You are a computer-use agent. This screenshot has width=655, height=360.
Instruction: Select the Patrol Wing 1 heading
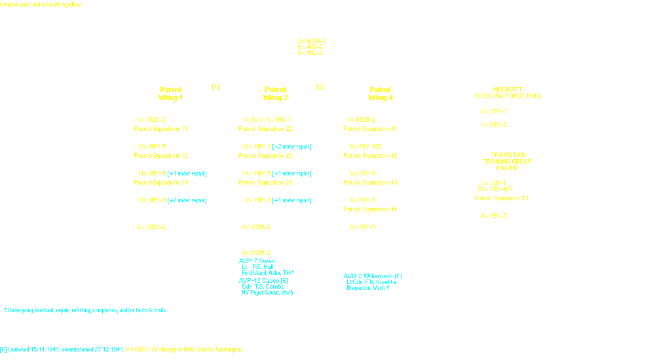click(170, 94)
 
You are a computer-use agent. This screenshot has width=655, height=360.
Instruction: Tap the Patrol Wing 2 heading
click(275, 94)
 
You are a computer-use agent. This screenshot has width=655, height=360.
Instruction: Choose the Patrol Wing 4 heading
click(380, 94)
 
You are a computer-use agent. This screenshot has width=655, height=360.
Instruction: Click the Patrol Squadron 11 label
click(160, 129)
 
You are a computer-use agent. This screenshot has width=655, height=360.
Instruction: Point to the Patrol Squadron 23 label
click(265, 156)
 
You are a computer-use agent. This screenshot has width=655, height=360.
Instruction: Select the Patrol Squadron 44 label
click(370, 209)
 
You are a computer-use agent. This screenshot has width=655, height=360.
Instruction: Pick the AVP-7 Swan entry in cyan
click(257, 261)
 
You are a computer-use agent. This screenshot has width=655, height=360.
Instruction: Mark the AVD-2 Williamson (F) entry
click(373, 276)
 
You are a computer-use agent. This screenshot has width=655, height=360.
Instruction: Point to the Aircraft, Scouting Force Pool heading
click(508, 92)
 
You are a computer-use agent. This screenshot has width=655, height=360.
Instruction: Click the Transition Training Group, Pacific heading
click(508, 161)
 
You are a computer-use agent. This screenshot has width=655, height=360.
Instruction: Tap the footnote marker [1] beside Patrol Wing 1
click(215, 87)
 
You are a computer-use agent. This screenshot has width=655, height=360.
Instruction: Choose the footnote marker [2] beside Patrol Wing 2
click(320, 87)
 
